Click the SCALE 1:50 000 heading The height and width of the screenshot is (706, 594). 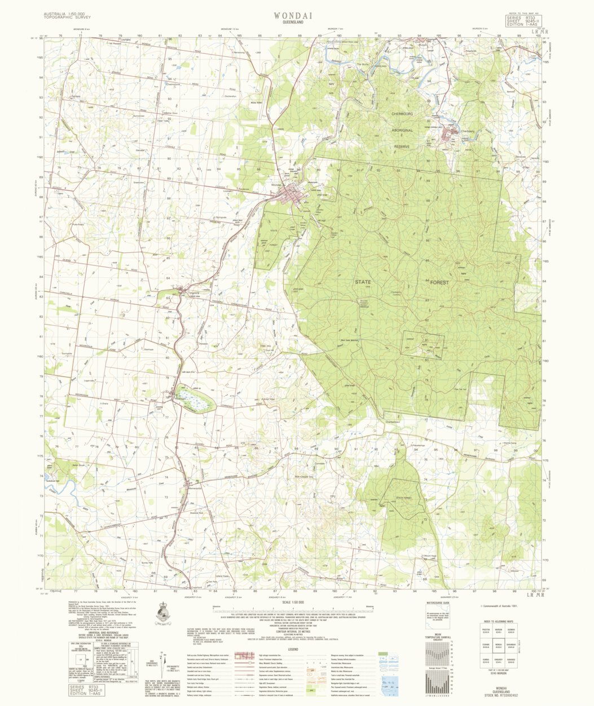(x=292, y=602)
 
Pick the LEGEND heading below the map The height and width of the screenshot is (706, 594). (x=292, y=650)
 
